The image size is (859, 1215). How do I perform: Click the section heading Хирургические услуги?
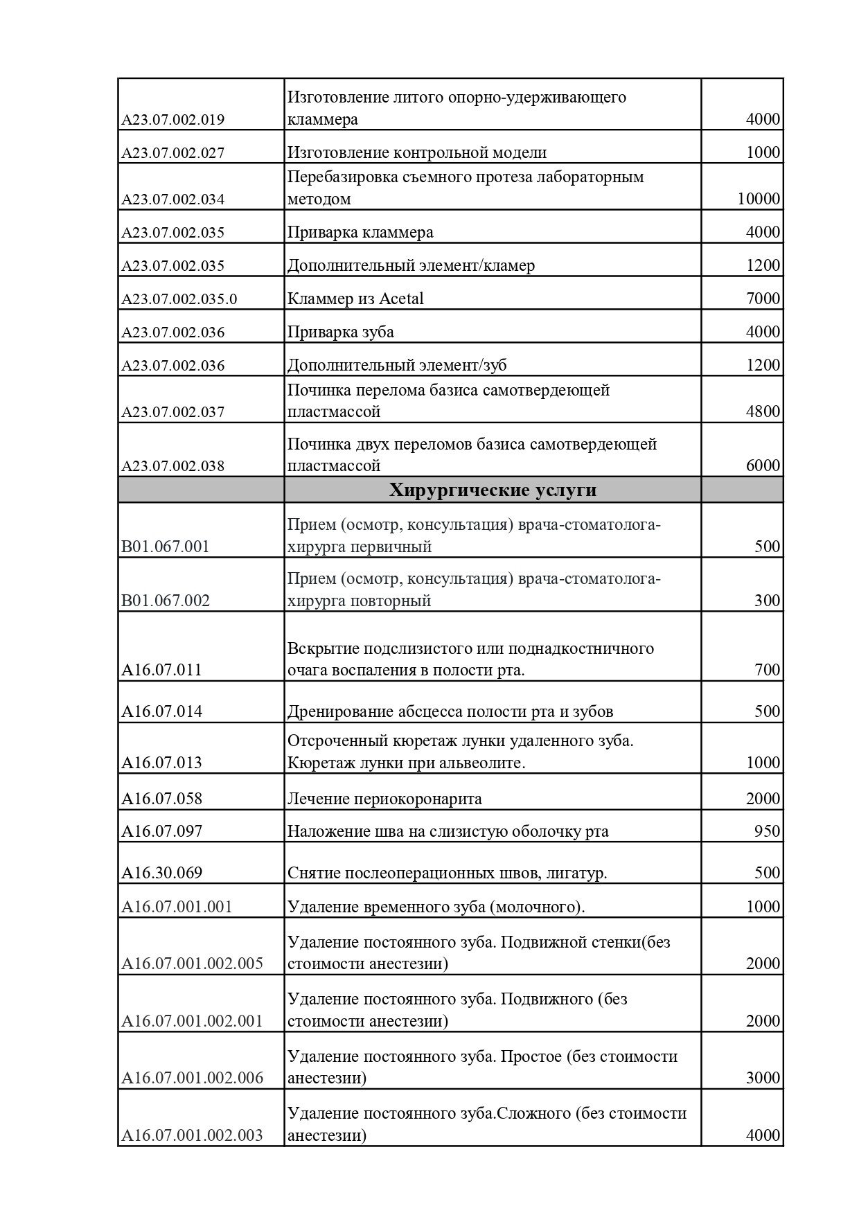(493, 490)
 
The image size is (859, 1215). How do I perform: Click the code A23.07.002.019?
(173, 120)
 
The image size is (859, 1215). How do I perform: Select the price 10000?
(759, 199)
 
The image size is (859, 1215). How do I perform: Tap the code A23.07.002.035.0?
(179, 299)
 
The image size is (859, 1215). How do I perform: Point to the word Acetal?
(401, 299)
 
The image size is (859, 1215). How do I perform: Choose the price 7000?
(763, 299)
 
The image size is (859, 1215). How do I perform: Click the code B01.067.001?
(166, 547)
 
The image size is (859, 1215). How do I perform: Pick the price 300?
(767, 601)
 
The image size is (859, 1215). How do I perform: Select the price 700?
(767, 670)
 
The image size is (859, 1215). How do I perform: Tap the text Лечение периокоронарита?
(384, 799)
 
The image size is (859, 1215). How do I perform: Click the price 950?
(767, 831)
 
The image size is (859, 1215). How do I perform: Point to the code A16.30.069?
(162, 873)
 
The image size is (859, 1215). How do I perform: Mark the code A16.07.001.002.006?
(193, 1079)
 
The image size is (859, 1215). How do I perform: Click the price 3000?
(763, 1078)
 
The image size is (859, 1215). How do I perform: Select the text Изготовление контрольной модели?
(417, 152)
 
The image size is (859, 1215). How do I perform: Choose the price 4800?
(763, 412)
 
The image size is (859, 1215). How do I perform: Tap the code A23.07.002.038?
(173, 466)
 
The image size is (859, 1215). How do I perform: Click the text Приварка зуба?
(341, 332)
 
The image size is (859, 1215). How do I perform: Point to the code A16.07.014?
(162, 711)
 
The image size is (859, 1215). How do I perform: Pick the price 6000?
(763, 465)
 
